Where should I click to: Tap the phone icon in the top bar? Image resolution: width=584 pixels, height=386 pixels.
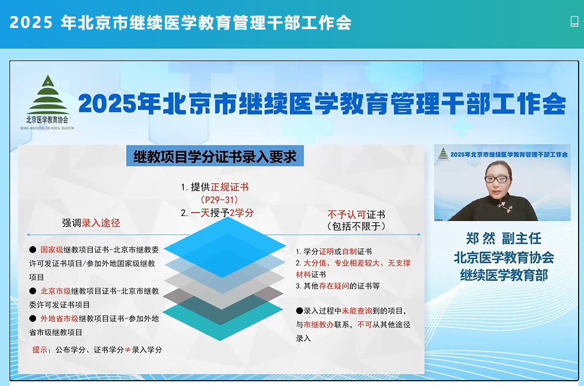pyautogui.click(x=574, y=21)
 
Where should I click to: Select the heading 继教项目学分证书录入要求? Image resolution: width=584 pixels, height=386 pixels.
pyautogui.click(x=215, y=157)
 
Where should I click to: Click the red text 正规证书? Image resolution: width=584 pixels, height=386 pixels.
pyautogui.click(x=229, y=187)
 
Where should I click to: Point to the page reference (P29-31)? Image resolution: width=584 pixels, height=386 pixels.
pyautogui.click(x=219, y=200)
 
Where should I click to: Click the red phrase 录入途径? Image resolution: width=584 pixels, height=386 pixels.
pyautogui.click(x=101, y=223)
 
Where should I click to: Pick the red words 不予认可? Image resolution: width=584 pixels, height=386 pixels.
pyautogui.click(x=346, y=215)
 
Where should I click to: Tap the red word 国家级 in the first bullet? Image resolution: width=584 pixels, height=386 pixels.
pyautogui.click(x=52, y=250)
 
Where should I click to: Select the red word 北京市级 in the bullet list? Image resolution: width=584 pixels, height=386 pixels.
pyautogui.click(x=56, y=291)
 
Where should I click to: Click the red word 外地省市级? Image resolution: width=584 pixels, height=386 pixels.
pyautogui.click(x=60, y=318)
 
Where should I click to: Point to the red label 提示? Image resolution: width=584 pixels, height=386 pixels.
pyautogui.click(x=40, y=350)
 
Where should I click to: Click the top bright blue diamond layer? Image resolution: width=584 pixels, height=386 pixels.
pyautogui.click(x=225, y=247)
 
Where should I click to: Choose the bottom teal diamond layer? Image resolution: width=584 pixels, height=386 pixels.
pyautogui.click(x=222, y=318)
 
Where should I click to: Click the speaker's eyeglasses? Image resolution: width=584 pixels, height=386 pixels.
pyautogui.click(x=497, y=179)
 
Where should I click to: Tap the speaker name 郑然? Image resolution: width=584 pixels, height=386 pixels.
pyautogui.click(x=481, y=238)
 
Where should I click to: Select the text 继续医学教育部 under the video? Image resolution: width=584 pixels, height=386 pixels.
pyautogui.click(x=504, y=275)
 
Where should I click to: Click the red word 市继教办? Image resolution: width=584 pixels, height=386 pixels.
pyautogui.click(x=319, y=324)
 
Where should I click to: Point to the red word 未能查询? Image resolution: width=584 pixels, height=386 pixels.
pyautogui.click(x=357, y=311)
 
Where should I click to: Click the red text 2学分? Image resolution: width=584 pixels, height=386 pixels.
pyautogui.click(x=242, y=213)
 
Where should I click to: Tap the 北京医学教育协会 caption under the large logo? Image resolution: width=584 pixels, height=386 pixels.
pyautogui.click(x=47, y=120)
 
